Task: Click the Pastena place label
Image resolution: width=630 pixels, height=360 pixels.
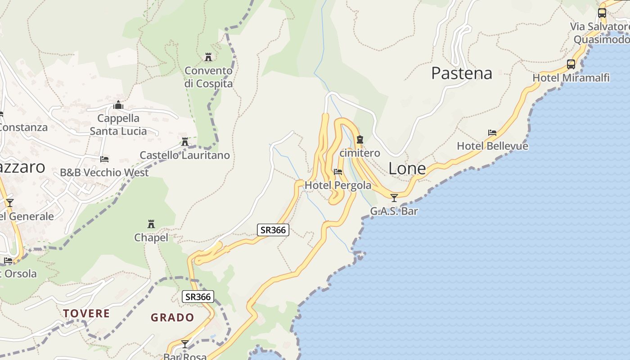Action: pyautogui.click(x=462, y=73)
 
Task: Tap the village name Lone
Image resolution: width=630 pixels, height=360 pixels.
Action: pyautogui.click(x=407, y=168)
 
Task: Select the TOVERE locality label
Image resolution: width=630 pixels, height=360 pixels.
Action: pyautogui.click(x=86, y=313)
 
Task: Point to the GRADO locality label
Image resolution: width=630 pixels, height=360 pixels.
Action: pyautogui.click(x=172, y=317)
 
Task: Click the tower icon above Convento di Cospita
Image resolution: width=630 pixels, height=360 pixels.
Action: pyautogui.click(x=208, y=57)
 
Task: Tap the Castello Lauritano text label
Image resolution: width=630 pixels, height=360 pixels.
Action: pyautogui.click(x=184, y=155)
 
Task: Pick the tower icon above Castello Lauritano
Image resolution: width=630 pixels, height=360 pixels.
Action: pyautogui.click(x=184, y=142)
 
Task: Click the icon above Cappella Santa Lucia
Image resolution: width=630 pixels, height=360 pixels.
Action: pyautogui.click(x=118, y=105)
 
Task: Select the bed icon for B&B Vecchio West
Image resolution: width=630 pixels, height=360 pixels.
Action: pyautogui.click(x=104, y=159)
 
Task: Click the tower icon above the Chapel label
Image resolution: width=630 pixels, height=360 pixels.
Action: pyautogui.click(x=151, y=224)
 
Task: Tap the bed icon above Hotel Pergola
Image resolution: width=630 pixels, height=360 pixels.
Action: pyautogui.click(x=338, y=172)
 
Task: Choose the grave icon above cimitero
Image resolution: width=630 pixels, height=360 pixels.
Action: pyautogui.click(x=360, y=139)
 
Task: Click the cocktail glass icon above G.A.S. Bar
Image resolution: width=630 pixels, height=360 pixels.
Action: pyautogui.click(x=394, y=198)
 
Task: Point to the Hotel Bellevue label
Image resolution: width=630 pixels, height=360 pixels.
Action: pyautogui.click(x=492, y=146)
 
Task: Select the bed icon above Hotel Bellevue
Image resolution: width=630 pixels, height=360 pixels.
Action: pyautogui.click(x=492, y=133)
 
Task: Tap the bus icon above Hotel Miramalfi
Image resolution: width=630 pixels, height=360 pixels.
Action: pyautogui.click(x=571, y=64)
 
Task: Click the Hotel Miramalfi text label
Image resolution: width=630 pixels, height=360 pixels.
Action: pyautogui.click(x=571, y=78)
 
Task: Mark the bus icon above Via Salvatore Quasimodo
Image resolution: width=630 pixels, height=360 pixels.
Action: pyautogui.click(x=602, y=13)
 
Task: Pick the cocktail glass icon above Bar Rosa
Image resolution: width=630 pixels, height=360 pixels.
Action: pyautogui.click(x=185, y=344)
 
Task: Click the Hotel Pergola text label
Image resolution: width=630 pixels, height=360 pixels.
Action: pyautogui.click(x=338, y=185)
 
